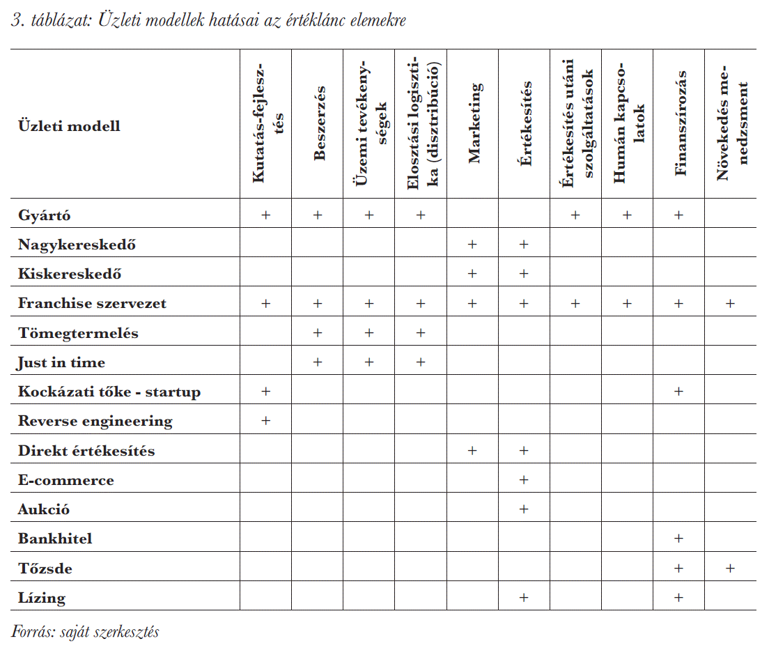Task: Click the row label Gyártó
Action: click(x=44, y=215)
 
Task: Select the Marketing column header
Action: click(x=474, y=123)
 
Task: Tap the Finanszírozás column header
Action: click(x=681, y=123)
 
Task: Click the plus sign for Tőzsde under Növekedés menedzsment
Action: click(x=730, y=568)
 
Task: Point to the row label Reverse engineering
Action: click(x=95, y=422)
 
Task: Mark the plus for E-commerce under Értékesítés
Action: click(x=524, y=480)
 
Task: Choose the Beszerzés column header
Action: click(x=319, y=123)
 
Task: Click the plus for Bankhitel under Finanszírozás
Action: click(x=678, y=539)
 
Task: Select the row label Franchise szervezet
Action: click(x=92, y=303)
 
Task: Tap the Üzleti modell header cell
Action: click(x=69, y=126)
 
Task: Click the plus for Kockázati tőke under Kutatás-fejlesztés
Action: click(x=266, y=392)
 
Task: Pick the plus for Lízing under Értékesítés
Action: click(x=524, y=598)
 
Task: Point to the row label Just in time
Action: click(x=61, y=362)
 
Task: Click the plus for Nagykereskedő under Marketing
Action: click(x=472, y=245)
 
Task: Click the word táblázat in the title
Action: click(x=61, y=21)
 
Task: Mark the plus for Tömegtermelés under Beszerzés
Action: click(x=318, y=332)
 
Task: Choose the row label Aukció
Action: click(x=44, y=509)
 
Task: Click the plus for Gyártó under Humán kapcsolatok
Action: click(x=627, y=215)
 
